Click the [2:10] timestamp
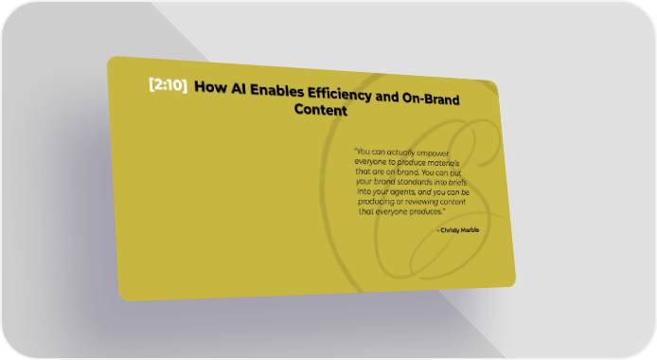[x=168, y=84]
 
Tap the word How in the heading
[x=210, y=87]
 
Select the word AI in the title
[x=239, y=89]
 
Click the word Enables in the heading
[x=277, y=91]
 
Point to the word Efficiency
[x=340, y=95]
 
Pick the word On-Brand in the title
[x=431, y=99]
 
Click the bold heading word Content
[x=321, y=110]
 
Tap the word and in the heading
[x=387, y=97]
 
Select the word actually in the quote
[x=400, y=153]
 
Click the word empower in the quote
[x=433, y=153]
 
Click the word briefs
[x=457, y=182]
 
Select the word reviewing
[x=421, y=202]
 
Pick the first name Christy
[x=450, y=230]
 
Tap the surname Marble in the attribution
[x=471, y=230]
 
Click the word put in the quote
[x=455, y=173]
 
